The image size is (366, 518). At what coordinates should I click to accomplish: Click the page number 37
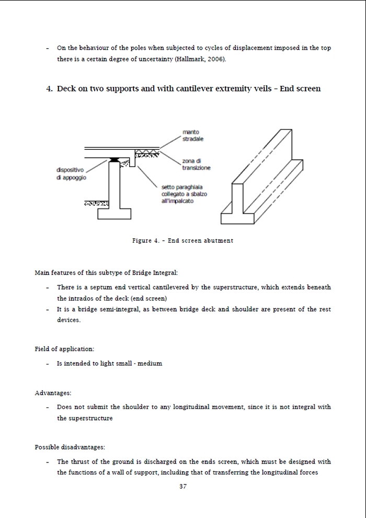coord(183,486)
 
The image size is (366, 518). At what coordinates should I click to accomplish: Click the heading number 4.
coord(50,89)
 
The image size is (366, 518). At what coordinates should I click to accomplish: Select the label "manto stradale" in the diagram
coord(193,136)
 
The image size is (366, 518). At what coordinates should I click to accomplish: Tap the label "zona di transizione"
coord(196,164)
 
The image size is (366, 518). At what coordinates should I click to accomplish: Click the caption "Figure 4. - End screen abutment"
coord(182,240)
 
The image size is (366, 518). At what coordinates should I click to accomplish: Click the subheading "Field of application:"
coord(64,349)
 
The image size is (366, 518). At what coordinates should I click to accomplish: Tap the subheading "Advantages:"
coord(53,392)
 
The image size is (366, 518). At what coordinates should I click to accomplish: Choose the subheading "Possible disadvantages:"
coord(70,447)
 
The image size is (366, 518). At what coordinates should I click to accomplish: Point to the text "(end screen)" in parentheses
coord(149,298)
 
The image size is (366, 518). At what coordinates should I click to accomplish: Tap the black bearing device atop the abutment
coord(113,160)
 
